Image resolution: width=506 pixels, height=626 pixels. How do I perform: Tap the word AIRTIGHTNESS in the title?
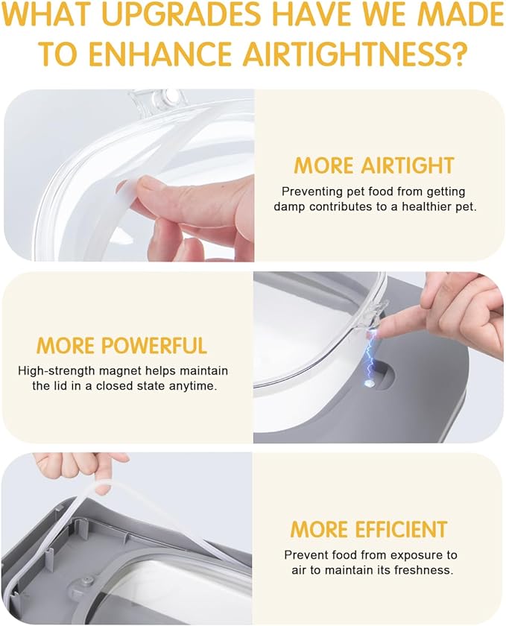[354, 53]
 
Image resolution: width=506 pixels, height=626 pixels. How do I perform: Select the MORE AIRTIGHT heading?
[374, 165]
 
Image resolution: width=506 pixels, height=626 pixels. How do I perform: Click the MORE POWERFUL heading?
[121, 346]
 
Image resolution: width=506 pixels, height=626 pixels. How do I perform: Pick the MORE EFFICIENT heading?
[369, 529]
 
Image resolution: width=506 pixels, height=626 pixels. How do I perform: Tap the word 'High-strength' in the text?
[57, 371]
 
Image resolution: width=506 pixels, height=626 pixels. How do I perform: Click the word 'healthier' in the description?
[427, 207]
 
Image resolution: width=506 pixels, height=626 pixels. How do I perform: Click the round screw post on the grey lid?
[86, 581]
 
